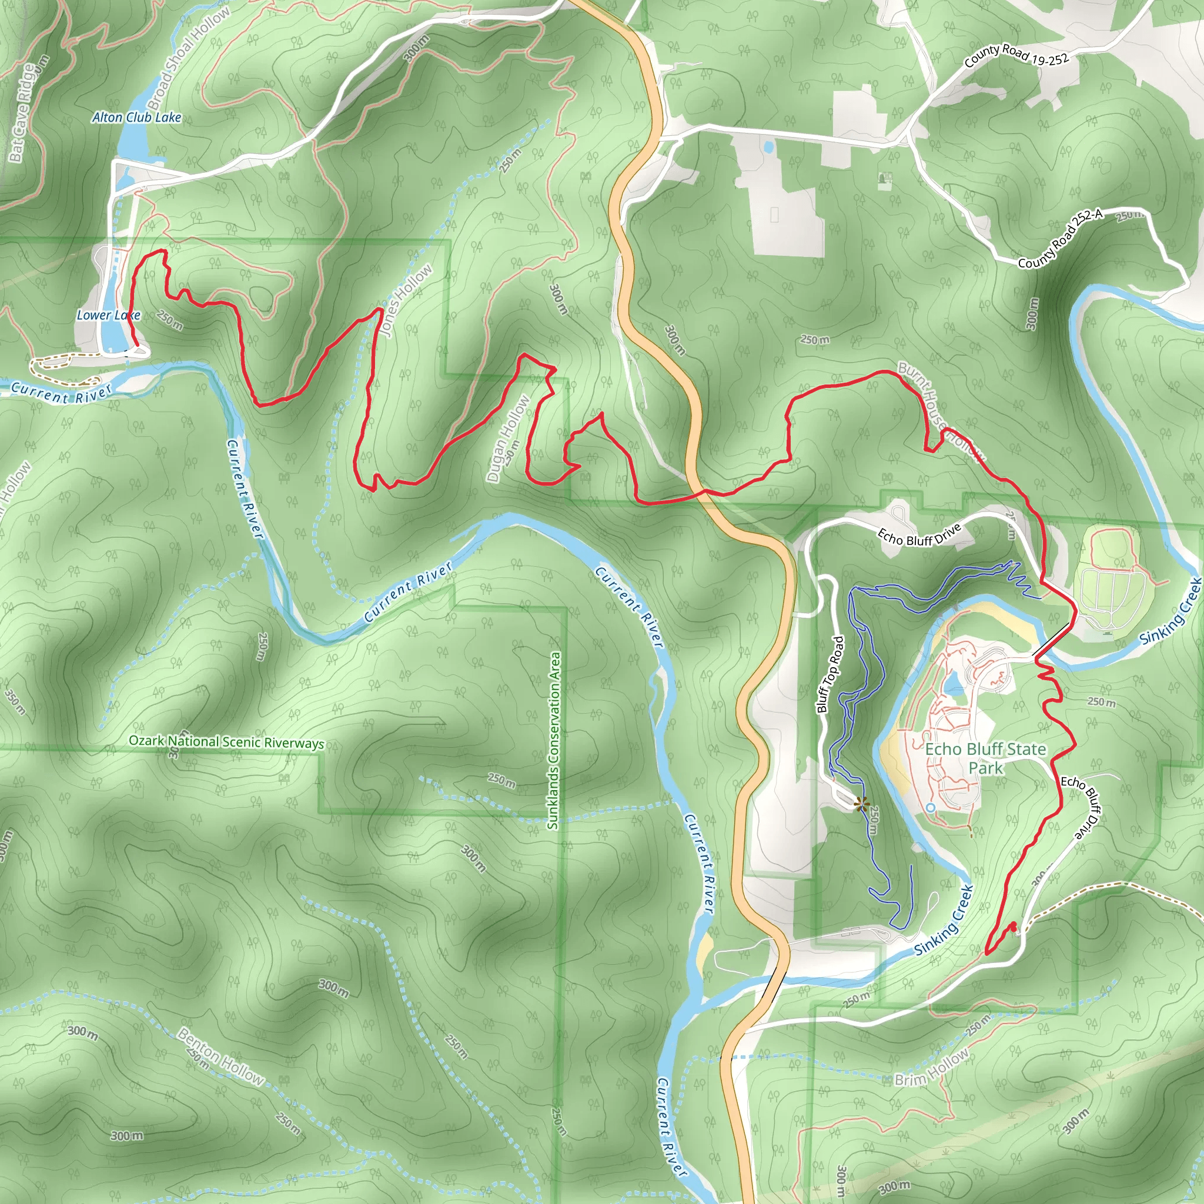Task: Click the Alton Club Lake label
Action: [x=136, y=117]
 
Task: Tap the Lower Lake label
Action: [x=108, y=315]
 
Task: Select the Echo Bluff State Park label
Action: [x=985, y=758]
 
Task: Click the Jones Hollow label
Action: [x=406, y=300]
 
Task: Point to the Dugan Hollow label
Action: [x=507, y=438]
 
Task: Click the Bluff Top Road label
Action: [x=830, y=674]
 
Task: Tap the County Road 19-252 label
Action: [x=1016, y=56]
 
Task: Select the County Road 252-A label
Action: [x=1060, y=239]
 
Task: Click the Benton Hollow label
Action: [x=221, y=1056]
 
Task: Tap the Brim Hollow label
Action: [x=932, y=1068]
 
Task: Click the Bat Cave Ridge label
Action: [x=24, y=113]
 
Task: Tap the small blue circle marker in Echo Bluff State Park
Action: [x=931, y=808]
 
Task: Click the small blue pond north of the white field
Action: [x=768, y=147]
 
